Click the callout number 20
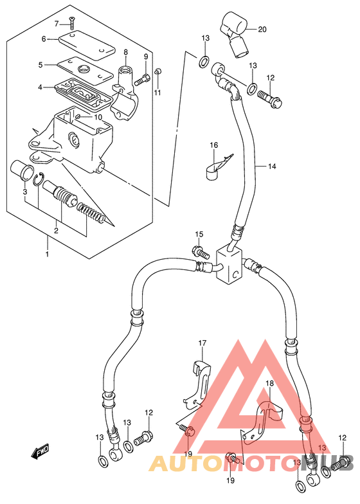262,30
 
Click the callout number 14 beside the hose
272,166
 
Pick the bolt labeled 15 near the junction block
201,252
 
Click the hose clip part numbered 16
217,167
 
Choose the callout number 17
203,343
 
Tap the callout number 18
269,383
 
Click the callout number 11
157,93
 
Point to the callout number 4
40,87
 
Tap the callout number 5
40,65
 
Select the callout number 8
125,52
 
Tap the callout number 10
98,117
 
